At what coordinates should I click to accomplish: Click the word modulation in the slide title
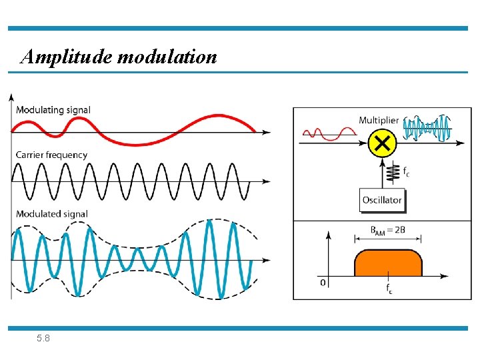[x=167, y=57]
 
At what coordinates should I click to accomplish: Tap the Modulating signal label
[x=53, y=109]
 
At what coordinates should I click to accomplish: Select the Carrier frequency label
[x=51, y=155]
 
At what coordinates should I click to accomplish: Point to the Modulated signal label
[x=52, y=213]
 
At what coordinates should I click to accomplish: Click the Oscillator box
[x=382, y=200]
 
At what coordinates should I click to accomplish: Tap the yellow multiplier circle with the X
[x=382, y=143]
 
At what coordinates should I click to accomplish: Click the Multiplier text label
[x=379, y=120]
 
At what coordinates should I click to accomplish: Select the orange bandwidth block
[x=389, y=263]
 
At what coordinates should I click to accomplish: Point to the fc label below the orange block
[x=389, y=288]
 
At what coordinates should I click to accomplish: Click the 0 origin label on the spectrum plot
[x=323, y=283]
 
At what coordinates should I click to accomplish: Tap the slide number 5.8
[x=43, y=339]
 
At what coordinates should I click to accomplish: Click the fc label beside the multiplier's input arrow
[x=406, y=171]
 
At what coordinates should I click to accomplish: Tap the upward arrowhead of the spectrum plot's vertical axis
[x=328, y=234]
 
